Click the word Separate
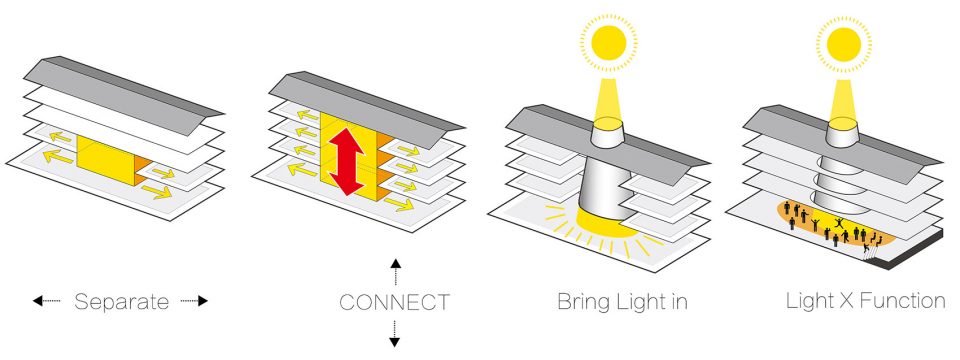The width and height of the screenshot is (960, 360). [121, 302]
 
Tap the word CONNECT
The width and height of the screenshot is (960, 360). [394, 302]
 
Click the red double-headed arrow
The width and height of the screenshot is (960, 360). [347, 162]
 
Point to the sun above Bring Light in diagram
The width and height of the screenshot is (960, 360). [608, 43]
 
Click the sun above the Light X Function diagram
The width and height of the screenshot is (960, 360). [844, 43]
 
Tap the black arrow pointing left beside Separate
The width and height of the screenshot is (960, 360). [47, 301]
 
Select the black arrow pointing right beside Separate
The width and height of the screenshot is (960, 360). [195, 301]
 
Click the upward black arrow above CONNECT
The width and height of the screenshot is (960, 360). [396, 272]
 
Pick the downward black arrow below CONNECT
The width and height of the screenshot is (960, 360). [395, 334]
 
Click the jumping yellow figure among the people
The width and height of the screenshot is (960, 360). [839, 223]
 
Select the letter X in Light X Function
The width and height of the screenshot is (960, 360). [843, 301]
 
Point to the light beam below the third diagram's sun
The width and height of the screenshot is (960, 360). [608, 101]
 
